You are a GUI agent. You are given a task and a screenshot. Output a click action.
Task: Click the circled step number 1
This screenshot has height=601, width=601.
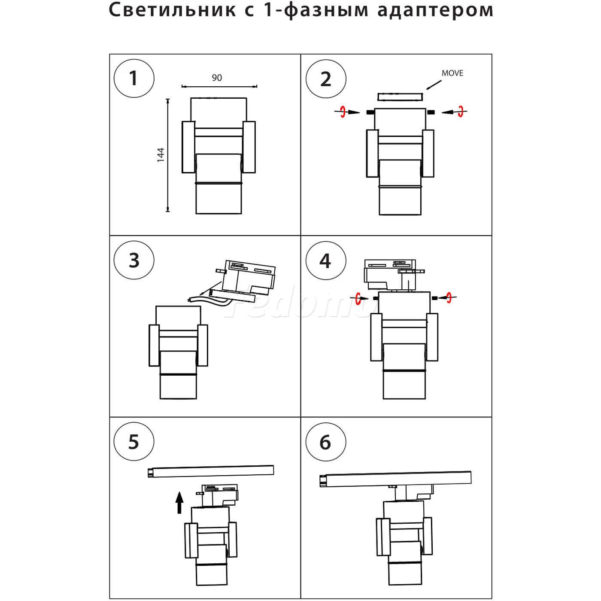click(x=134, y=79)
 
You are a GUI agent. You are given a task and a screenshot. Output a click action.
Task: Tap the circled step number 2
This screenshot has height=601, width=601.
click(x=326, y=79)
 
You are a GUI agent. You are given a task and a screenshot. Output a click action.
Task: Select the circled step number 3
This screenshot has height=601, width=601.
click(x=134, y=261)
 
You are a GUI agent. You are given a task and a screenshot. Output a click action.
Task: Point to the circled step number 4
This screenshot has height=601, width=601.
click(x=326, y=261)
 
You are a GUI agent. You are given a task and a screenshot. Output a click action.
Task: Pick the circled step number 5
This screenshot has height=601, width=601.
click(x=134, y=442)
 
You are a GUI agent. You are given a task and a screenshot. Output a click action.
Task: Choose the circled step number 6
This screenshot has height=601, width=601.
click(x=326, y=442)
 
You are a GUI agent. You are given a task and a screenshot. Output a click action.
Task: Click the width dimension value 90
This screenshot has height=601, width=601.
click(x=217, y=78)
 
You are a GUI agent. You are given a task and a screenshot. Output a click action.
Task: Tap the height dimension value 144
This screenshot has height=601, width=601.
click(x=161, y=155)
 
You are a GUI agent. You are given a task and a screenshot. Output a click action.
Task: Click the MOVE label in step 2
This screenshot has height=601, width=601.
click(x=452, y=73)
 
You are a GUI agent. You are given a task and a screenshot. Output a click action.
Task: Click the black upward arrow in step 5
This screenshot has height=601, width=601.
click(x=179, y=503)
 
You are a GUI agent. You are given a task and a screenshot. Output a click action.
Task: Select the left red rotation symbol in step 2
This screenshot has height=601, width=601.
click(x=343, y=112)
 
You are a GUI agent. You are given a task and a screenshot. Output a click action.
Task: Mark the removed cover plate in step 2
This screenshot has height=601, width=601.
click(x=400, y=97)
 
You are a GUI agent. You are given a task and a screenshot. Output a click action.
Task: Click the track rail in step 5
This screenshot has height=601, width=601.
click(x=211, y=471)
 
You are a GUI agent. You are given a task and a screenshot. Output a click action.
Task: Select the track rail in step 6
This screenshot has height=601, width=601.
click(x=395, y=479)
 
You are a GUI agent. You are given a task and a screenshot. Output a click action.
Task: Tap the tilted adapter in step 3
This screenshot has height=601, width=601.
click(x=247, y=279)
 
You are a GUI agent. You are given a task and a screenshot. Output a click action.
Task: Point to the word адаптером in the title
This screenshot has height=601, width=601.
click(x=435, y=10)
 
